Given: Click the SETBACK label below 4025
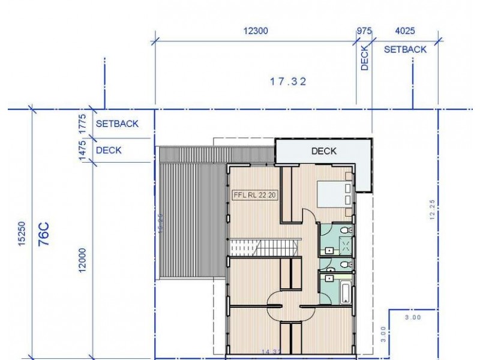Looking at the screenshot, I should pos(405,49).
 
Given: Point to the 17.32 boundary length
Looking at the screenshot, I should pos(288,82).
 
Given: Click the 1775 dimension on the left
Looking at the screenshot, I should pos(83,124).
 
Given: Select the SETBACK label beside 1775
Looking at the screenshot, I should pos(117,124).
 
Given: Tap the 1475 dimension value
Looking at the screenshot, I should pos(83,149).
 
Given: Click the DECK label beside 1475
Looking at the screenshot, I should pos(109,150).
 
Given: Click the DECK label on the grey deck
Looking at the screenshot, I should pos(324,151).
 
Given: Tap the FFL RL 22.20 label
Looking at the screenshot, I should pos(255,195).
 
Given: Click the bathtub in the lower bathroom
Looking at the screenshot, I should pos(345,293).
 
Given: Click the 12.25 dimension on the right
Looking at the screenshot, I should pos(432,210).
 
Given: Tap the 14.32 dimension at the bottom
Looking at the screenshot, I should pos(272,352).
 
